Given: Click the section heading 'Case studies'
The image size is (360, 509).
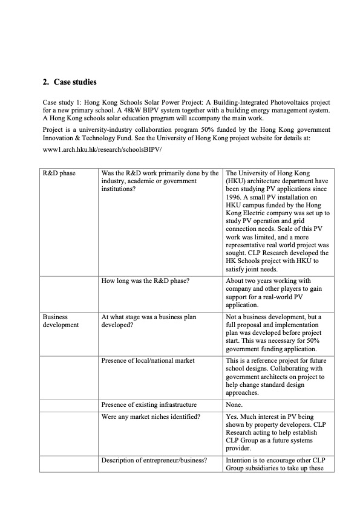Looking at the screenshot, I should click(x=74, y=82).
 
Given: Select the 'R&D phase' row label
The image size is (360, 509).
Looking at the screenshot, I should click(x=59, y=173).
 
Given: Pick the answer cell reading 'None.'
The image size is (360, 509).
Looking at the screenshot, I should click(x=234, y=404).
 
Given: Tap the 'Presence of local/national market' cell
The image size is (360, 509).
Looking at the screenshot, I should click(x=148, y=360).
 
